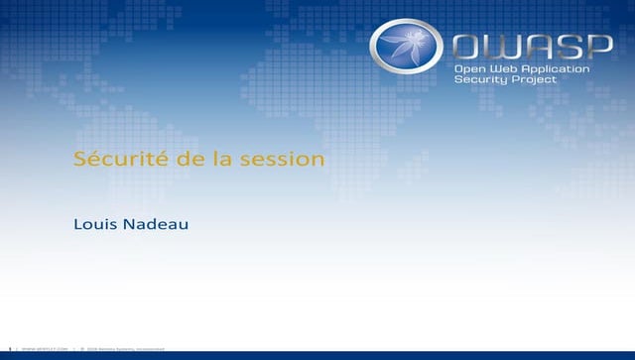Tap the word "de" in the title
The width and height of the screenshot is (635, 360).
pyautogui.click(x=164, y=160)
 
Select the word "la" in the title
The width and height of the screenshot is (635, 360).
pyautogui.click(x=192, y=160)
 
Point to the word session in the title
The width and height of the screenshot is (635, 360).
pyautogui.click(x=243, y=160)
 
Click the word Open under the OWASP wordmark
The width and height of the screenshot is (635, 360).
pyautogui.click(x=469, y=68)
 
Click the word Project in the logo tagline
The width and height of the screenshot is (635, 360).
pyautogui.click(x=534, y=80)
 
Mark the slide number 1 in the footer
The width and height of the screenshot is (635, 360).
pyautogui.click(x=8, y=350)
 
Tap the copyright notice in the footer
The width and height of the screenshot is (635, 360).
pyautogui.click(x=125, y=350)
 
